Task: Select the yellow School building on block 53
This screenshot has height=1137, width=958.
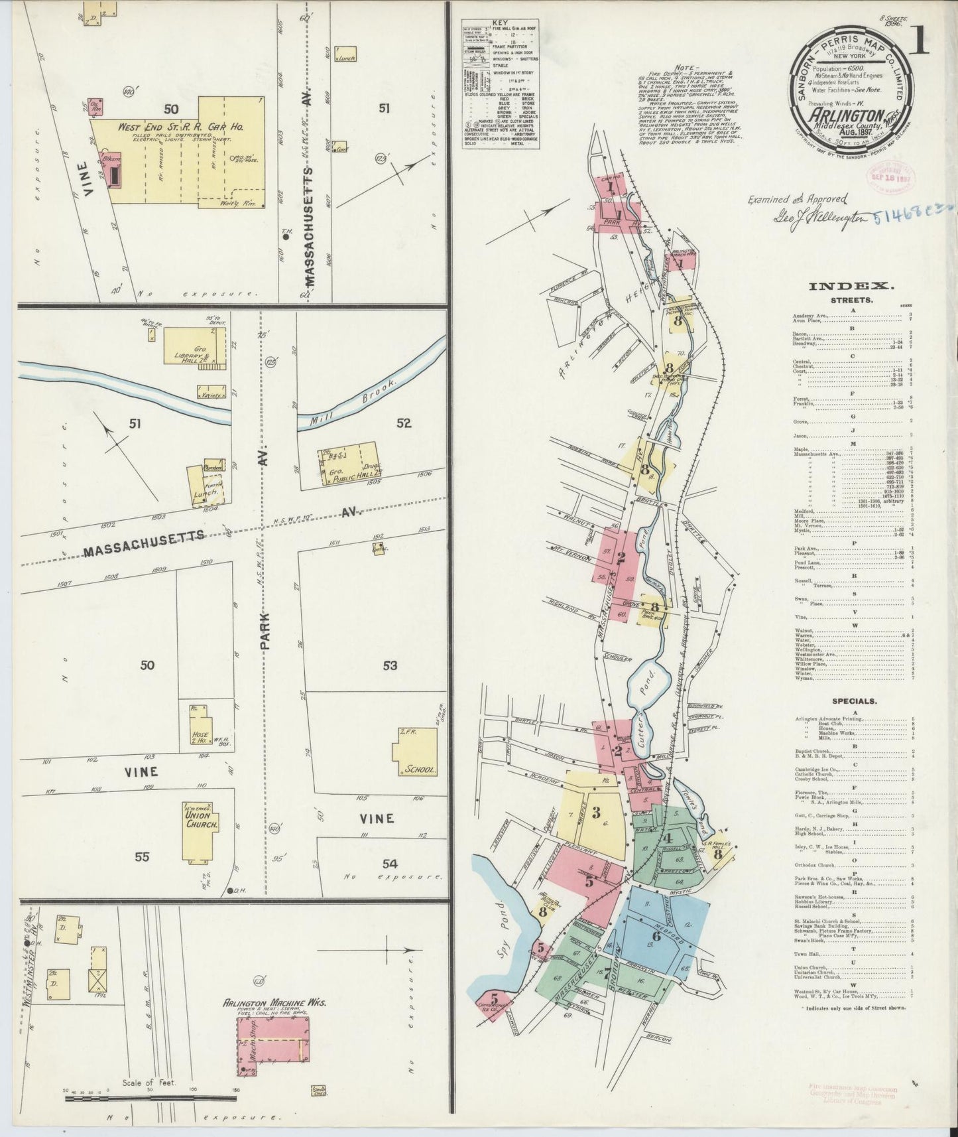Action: [x=416, y=752]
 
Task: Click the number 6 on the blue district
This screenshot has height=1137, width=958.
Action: [x=656, y=936]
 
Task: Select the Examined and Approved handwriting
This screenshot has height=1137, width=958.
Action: [x=797, y=198]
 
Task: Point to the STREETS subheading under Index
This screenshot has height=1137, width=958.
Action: [x=851, y=300]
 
